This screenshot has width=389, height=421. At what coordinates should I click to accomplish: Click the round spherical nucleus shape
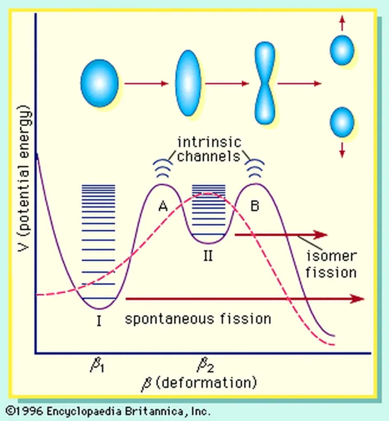pyautogui.click(x=100, y=83)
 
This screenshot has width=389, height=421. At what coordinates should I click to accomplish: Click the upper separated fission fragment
pyautogui.click(x=342, y=50)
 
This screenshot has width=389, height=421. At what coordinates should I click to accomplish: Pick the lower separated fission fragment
pyautogui.click(x=342, y=122)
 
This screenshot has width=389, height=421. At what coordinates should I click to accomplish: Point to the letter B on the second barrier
pyautogui.click(x=255, y=206)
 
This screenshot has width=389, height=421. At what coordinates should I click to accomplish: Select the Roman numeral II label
pyautogui.click(x=208, y=256)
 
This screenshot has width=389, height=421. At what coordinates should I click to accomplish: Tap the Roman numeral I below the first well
pyautogui.click(x=99, y=320)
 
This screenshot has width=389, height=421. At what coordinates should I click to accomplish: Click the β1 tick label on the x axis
pyautogui.click(x=97, y=365)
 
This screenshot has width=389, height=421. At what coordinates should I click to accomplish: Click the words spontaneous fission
pyautogui.click(x=198, y=319)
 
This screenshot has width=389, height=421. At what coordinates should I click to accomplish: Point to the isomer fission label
pyautogui.click(x=331, y=264)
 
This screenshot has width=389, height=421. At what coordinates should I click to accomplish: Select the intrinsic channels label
pyautogui.click(x=209, y=149)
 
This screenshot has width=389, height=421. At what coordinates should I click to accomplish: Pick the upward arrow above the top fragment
pyautogui.click(x=342, y=23)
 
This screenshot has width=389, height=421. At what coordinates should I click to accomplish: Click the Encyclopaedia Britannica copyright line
pyautogui.click(x=108, y=411)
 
